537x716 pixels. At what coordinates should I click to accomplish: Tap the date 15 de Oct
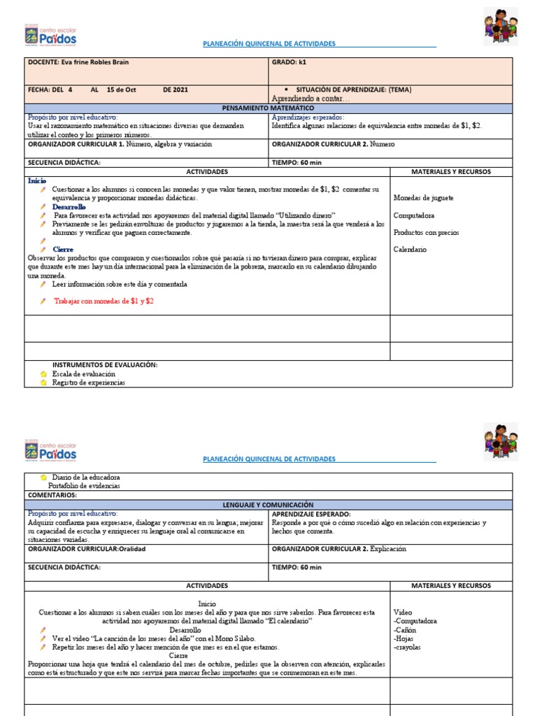click(121, 90)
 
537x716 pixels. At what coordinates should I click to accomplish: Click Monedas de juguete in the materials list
click(423, 198)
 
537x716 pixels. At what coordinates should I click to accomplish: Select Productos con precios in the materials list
click(426, 232)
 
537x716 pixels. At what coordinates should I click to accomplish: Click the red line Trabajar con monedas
click(103, 301)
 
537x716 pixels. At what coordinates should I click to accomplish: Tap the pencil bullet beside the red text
click(43, 301)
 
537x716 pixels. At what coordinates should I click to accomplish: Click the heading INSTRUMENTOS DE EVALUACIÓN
click(105, 365)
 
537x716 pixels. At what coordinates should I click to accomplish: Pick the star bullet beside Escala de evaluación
click(43, 374)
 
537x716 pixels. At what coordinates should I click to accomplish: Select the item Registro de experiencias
click(89, 382)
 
